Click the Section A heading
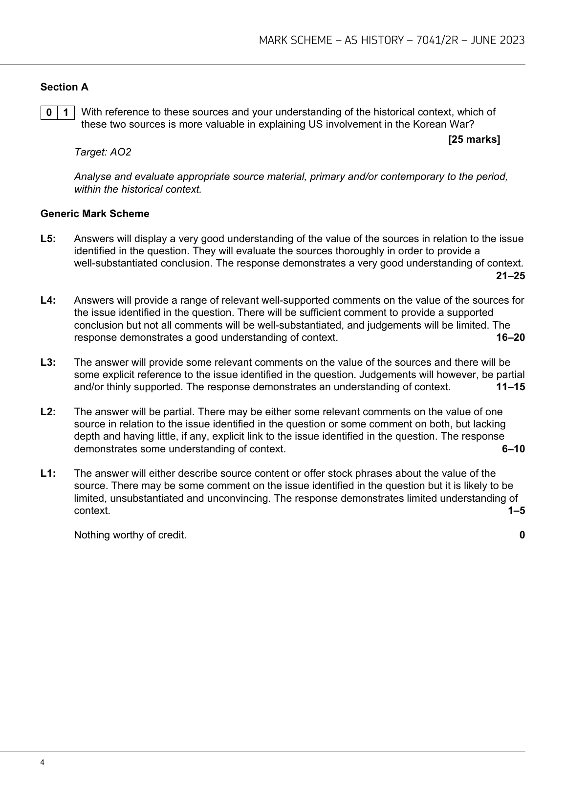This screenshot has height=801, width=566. (x=65, y=87)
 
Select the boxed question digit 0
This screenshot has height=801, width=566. (x=49, y=112)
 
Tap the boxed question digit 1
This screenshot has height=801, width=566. (x=66, y=112)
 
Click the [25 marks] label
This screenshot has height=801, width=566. (x=474, y=140)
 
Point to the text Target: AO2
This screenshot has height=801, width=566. (x=103, y=152)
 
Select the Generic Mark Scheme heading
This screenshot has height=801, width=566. (x=95, y=214)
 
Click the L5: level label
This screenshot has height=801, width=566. (x=48, y=239)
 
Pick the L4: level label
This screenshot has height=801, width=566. (x=48, y=300)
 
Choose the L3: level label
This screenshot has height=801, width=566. (x=48, y=362)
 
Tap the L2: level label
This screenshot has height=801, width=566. (x=48, y=412)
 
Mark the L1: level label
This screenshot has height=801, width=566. (x=48, y=473)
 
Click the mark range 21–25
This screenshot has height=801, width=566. (x=510, y=276)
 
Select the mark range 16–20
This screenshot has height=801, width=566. (x=510, y=337)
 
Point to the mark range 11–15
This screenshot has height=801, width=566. (x=510, y=387)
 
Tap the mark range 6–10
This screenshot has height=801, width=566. (x=513, y=449)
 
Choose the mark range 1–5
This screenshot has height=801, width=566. (x=516, y=511)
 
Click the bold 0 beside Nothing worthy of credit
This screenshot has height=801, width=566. (x=522, y=535)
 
